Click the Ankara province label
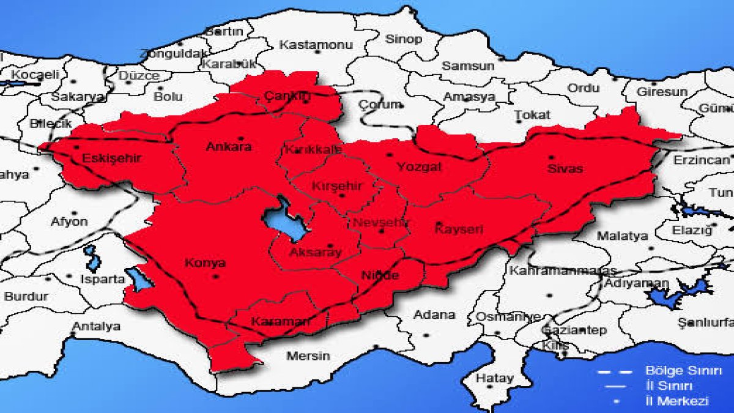[229, 147]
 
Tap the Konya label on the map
[205, 263]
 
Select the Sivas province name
[565, 168]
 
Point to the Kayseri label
[459, 230]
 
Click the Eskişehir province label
[112, 158]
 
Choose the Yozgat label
[419, 166]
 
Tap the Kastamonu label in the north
[317, 45]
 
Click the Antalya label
[96, 326]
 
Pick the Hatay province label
[495, 378]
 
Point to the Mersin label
[308, 355]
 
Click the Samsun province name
[468, 65]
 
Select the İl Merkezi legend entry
[677, 401]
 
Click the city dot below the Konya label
[215, 277]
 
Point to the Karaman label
[280, 321]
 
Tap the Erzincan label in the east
[702, 160]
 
